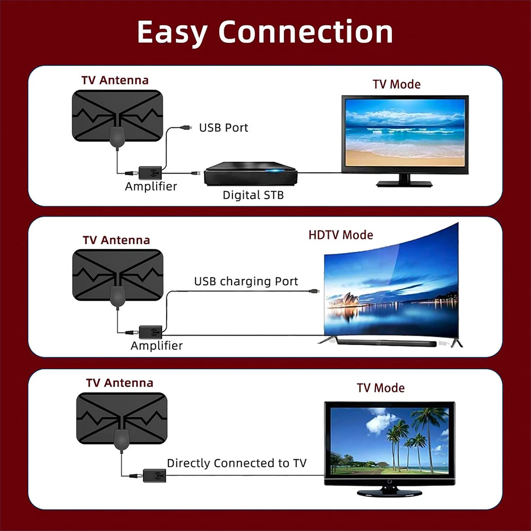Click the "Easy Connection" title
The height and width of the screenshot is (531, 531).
pyautogui.click(x=265, y=32)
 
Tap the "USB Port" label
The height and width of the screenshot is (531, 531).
pyautogui.click(x=223, y=128)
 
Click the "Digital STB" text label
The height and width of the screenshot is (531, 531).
pyautogui.click(x=253, y=195)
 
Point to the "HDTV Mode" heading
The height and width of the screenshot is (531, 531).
pyautogui.click(x=340, y=235)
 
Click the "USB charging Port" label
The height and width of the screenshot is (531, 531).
pyautogui.click(x=246, y=281)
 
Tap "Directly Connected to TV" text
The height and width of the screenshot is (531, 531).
pyautogui.click(x=237, y=463)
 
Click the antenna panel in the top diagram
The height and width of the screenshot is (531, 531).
pyautogui.click(x=116, y=116)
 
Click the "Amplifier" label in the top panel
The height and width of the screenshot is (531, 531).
pyautogui.click(x=151, y=187)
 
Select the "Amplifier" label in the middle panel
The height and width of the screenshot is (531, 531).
pyautogui.click(x=157, y=346)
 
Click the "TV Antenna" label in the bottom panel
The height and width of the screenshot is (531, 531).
pyautogui.click(x=119, y=383)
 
